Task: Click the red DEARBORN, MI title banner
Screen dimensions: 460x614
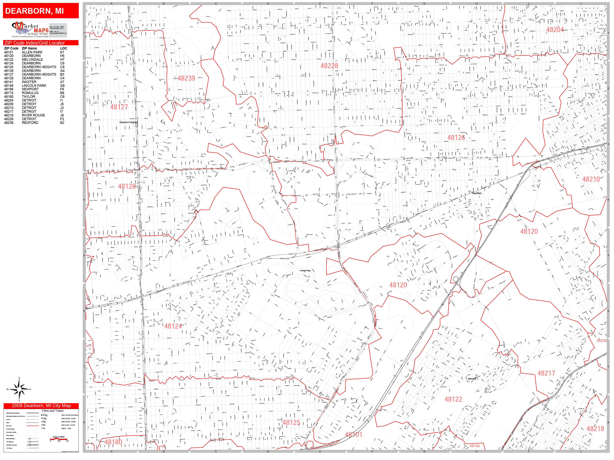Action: [41, 11]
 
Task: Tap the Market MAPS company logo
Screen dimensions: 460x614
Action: [30, 30]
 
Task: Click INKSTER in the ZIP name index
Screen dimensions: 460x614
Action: [29, 82]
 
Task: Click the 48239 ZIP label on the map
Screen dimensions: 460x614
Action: [186, 78]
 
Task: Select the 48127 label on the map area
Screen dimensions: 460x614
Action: [119, 107]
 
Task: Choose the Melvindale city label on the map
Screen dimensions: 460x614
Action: [472, 379]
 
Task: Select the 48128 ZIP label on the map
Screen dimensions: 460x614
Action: [127, 186]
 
